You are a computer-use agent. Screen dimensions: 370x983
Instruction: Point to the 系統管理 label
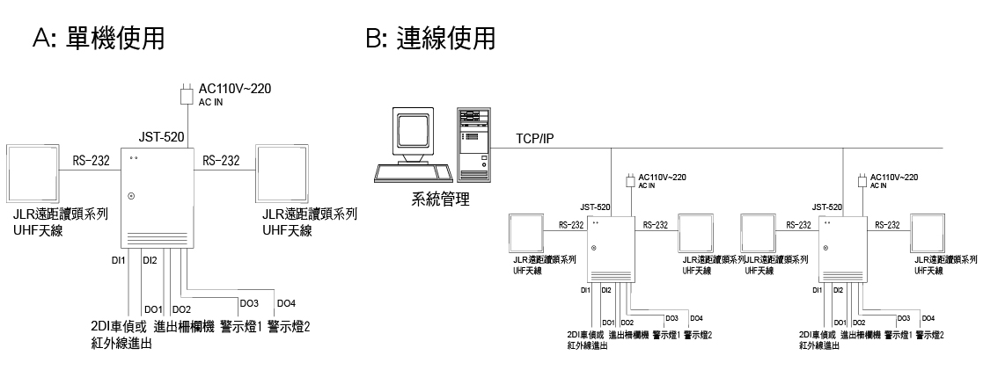coord(440,200)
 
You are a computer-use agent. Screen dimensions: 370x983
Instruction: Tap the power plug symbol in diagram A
coord(186,93)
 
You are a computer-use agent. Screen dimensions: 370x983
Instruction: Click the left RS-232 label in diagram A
coord(92,161)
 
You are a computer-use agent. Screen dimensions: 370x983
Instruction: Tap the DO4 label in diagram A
coord(286,303)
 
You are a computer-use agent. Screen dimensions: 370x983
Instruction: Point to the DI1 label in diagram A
coord(119,260)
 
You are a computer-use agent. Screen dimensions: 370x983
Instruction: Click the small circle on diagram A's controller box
coord(132,195)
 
